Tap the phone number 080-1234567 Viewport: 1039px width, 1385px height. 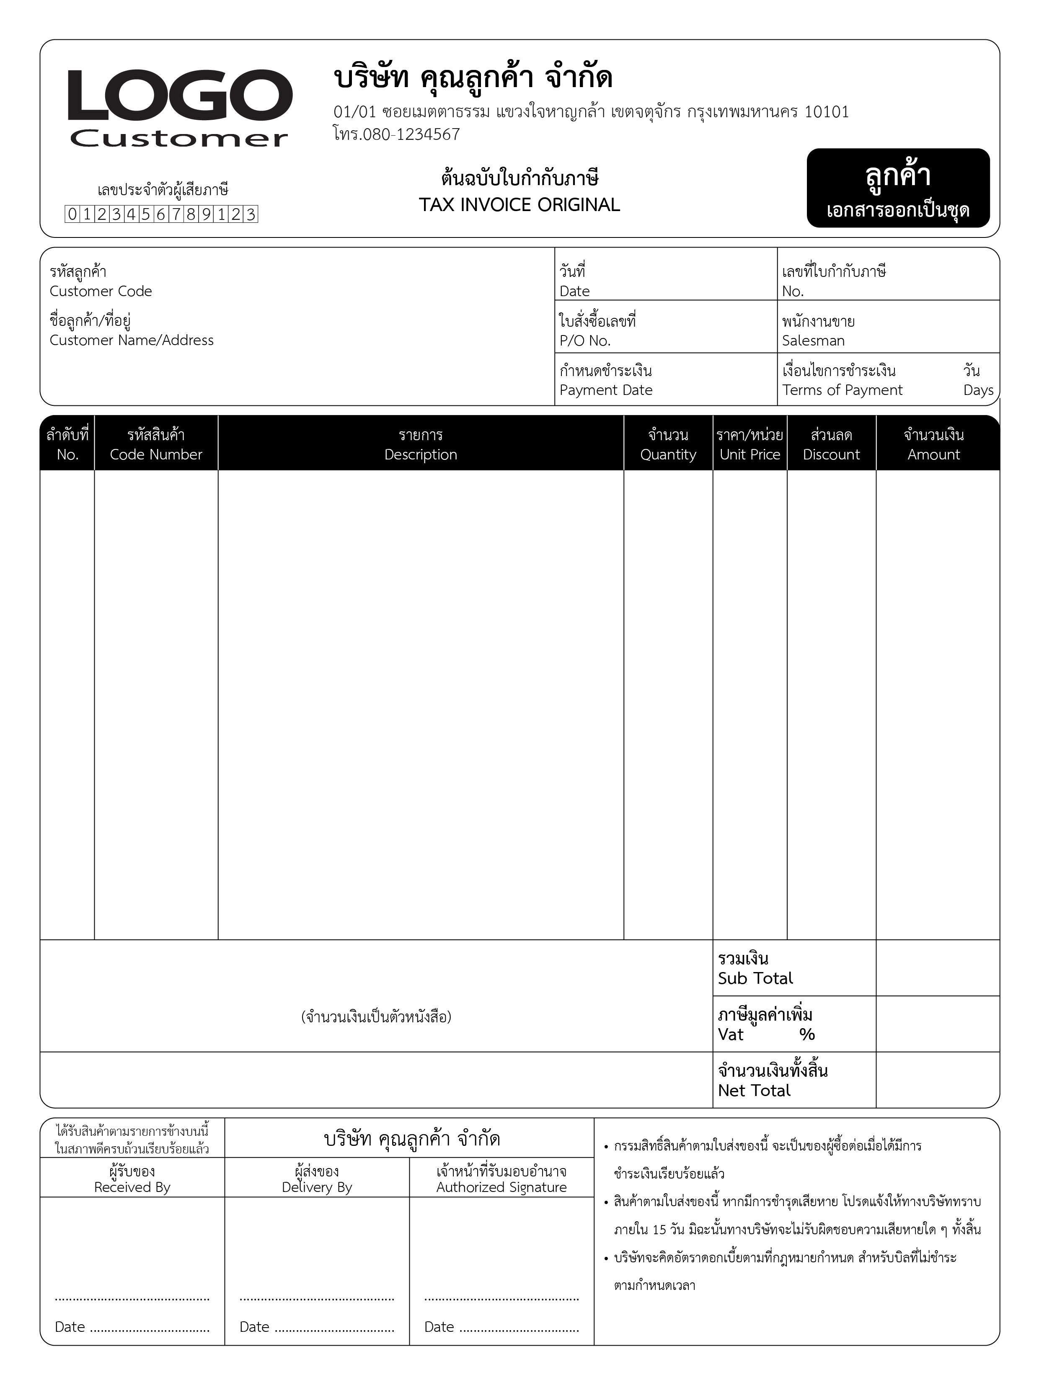tap(411, 134)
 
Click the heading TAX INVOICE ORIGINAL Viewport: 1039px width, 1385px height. tap(519, 205)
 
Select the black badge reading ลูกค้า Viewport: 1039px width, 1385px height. tap(897, 188)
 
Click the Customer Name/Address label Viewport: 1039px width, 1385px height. tap(132, 340)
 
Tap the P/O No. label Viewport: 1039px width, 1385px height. tap(584, 340)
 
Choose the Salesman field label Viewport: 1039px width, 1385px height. tap(813, 340)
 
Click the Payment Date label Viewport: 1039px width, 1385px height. tap(606, 390)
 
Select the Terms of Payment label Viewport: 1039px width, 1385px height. tap(842, 390)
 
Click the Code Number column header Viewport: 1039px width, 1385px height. tap(156, 454)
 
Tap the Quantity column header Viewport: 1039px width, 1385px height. tap(668, 454)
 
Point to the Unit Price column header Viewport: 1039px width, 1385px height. tap(750, 454)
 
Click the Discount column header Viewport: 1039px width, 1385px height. tap(831, 454)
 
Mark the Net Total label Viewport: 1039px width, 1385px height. tap(754, 1090)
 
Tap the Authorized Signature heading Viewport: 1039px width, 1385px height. tap(501, 1187)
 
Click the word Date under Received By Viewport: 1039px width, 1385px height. tap(70, 1327)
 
